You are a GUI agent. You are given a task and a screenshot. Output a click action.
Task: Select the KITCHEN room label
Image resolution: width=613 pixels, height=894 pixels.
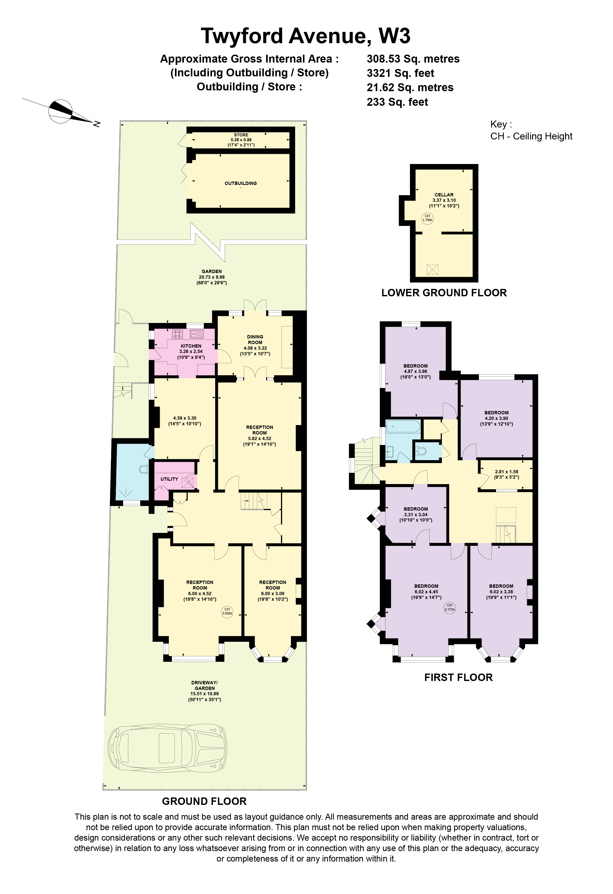coord(191,346)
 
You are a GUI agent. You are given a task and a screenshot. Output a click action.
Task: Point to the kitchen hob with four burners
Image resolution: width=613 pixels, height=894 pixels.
coord(178,334)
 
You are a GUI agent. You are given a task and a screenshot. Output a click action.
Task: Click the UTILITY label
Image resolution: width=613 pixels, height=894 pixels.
coord(169,479)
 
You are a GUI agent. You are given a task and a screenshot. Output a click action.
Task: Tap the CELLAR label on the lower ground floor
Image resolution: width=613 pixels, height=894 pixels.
coord(444,195)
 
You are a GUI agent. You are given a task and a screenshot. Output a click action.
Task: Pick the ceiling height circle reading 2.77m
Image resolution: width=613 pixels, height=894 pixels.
coord(450,607)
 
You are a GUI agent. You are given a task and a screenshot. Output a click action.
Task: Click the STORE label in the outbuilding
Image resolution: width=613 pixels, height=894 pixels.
coord(241,135)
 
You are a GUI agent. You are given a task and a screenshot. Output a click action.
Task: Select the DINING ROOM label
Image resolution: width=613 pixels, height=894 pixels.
coord(255,339)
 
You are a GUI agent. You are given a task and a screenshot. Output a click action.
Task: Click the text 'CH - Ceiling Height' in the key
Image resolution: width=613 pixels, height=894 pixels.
coord(532,136)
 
